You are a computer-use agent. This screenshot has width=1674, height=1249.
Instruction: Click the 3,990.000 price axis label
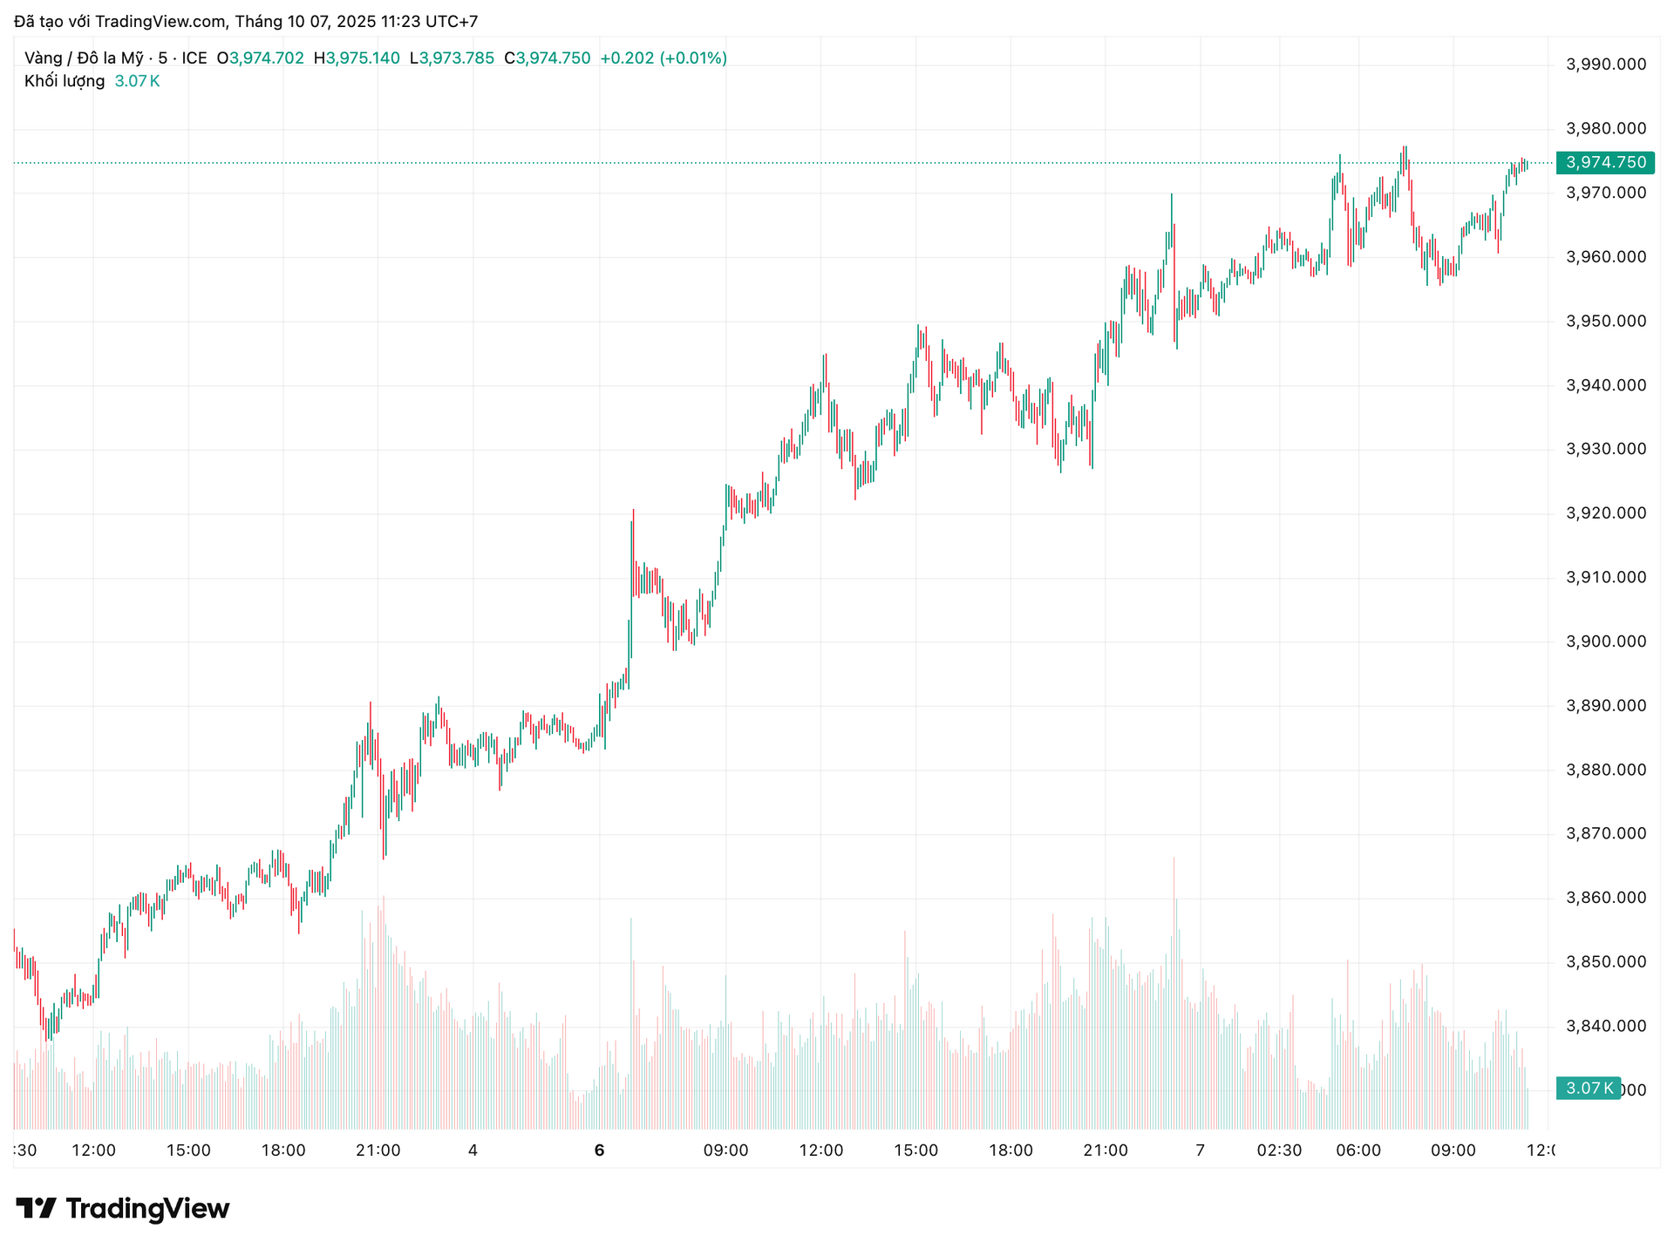tap(1606, 64)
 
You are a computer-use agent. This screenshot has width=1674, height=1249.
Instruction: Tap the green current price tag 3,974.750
tap(1605, 163)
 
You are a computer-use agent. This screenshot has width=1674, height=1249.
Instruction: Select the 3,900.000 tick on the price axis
tap(1606, 641)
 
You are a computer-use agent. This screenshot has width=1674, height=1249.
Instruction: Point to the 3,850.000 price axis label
tap(1606, 962)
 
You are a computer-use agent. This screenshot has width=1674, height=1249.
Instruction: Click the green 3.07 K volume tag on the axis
tap(1587, 1088)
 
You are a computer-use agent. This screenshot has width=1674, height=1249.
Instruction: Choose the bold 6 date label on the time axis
tap(599, 1151)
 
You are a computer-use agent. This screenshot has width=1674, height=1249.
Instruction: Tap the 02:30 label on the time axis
tap(1279, 1151)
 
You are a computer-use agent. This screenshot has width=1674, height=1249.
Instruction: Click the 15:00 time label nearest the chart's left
tap(188, 1151)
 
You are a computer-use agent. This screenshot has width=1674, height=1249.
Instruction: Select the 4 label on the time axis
tap(473, 1151)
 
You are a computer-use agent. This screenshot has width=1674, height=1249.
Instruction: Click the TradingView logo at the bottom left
tap(123, 1209)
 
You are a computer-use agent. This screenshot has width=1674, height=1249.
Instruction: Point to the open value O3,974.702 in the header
tap(261, 58)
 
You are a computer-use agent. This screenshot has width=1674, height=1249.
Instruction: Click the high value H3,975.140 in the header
tap(357, 58)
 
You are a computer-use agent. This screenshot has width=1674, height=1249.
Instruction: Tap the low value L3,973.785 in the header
tap(452, 58)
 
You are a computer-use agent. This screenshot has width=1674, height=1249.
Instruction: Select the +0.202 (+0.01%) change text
tap(663, 58)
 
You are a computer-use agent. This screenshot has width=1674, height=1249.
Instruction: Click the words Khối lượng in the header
tap(65, 81)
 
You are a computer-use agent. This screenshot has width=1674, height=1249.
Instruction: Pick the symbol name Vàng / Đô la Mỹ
tap(84, 58)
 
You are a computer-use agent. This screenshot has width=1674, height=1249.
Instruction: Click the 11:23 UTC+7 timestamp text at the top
tap(429, 22)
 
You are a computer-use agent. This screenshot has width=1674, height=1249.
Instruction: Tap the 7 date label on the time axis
tap(1200, 1151)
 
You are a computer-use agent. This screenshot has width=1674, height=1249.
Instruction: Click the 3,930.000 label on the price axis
tap(1606, 449)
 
